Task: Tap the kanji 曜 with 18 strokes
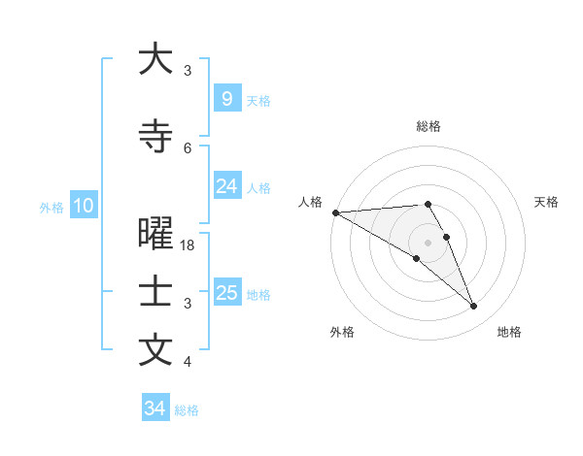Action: pos(155,235)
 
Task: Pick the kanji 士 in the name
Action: pos(155,293)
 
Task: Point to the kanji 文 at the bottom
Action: pos(155,350)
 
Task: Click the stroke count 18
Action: pos(188,245)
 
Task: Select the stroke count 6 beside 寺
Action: pos(188,147)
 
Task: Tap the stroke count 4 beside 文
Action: pos(188,362)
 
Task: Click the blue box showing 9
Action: pos(226,99)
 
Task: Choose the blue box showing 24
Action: pos(226,186)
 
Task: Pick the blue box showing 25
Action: pos(226,293)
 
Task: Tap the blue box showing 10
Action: pos(83,206)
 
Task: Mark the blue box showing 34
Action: pos(154,408)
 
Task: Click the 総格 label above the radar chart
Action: pos(428,126)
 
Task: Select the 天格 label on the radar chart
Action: pos(546,202)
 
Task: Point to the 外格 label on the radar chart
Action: pos(342,332)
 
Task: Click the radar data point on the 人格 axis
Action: pos(335,212)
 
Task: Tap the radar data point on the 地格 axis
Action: pos(473,307)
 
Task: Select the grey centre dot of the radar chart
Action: pos(428,242)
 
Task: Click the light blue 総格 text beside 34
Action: pos(187,410)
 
